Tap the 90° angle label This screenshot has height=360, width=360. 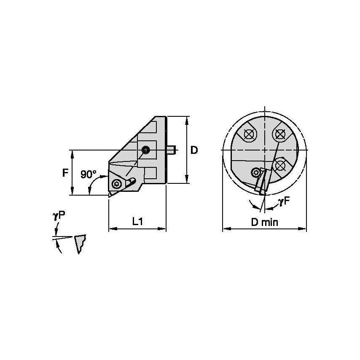[89, 174]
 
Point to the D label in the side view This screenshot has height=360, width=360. [194, 150]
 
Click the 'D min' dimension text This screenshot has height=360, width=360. [264, 222]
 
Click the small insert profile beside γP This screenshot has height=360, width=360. [80, 244]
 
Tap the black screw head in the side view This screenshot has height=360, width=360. [146, 150]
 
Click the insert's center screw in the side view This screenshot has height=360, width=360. [117, 184]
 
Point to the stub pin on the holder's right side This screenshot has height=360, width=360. [172, 149]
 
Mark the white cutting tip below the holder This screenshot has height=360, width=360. [110, 195]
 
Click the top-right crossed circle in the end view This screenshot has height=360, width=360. [278, 134]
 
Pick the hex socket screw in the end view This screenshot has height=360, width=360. [255, 172]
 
